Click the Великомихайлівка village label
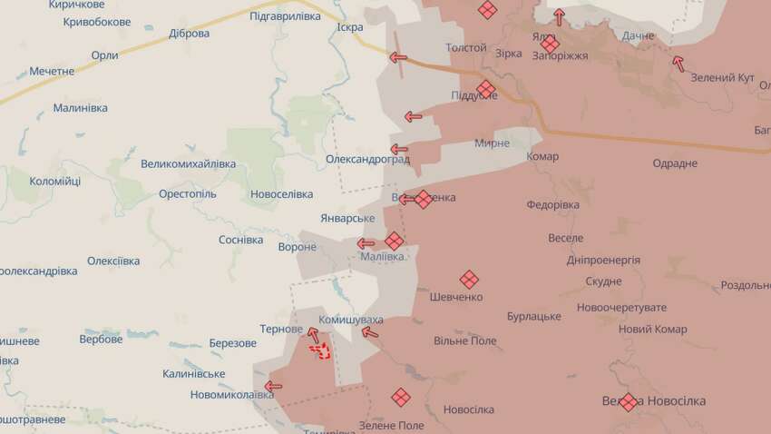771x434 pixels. tap(188, 164)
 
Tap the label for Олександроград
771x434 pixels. tap(367, 160)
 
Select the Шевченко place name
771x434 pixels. tap(456, 297)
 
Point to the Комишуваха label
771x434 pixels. tap(351, 321)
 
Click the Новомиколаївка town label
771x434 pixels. tap(231, 395)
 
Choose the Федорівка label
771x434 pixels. tap(552, 205)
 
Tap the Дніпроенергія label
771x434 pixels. tap(603, 261)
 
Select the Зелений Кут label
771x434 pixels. tap(723, 78)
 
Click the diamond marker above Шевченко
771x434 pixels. tap(469, 279)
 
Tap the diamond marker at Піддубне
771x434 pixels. tap(485, 89)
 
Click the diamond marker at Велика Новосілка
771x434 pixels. tap(628, 400)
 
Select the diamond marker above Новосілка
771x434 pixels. tap(401, 397)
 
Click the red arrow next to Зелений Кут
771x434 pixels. tap(678, 63)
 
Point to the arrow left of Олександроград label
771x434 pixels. tap(399, 149)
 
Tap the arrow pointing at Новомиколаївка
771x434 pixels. tap(272, 386)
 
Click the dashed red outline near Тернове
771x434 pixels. tap(318, 349)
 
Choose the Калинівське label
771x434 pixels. tap(194, 374)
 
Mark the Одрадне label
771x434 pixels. tap(675, 163)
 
